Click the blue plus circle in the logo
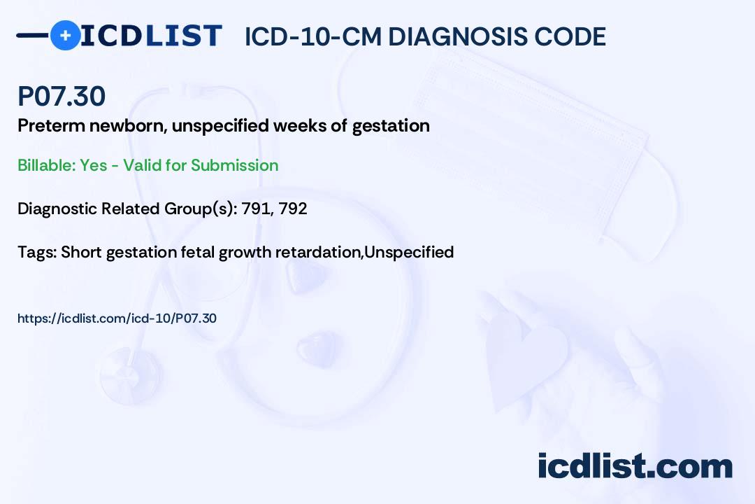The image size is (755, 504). click(65, 35)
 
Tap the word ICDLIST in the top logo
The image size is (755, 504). click(151, 36)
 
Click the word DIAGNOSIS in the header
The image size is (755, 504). click(457, 36)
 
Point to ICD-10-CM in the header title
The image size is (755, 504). click(313, 36)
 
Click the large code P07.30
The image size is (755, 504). click(62, 96)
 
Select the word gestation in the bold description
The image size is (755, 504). click(391, 127)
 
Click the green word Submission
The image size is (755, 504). click(234, 165)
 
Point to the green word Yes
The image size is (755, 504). click(94, 165)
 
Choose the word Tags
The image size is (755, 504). click(37, 252)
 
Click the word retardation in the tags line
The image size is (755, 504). click(319, 252)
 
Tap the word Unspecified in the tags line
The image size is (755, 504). click(409, 252)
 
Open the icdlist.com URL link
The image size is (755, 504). click(117, 318)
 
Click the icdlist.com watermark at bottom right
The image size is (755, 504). click(635, 466)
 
